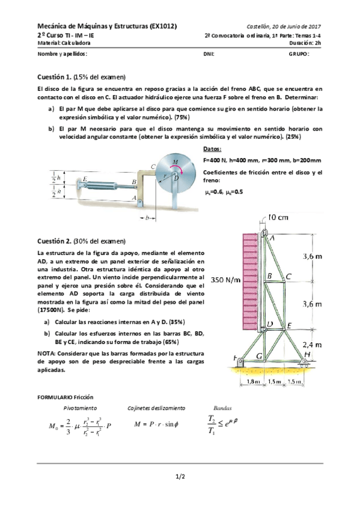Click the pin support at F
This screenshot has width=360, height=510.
click(240, 362)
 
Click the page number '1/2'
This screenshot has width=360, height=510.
click(180, 477)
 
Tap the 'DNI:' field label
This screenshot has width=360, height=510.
click(209, 53)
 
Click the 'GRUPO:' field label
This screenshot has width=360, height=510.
click(299, 53)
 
